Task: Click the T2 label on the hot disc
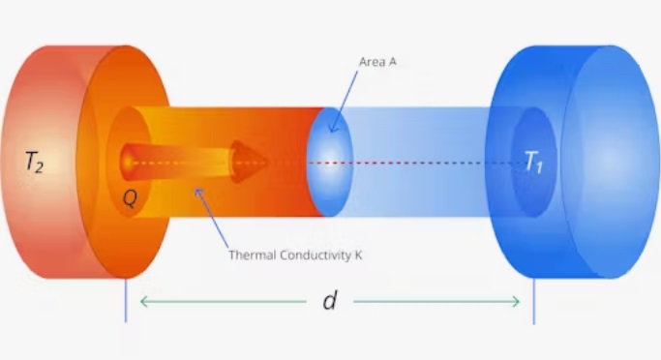(x=34, y=162)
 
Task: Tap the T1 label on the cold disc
(x=533, y=162)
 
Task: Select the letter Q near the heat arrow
(x=130, y=197)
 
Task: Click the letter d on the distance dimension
(x=330, y=300)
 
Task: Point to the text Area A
(x=377, y=62)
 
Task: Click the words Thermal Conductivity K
(x=295, y=255)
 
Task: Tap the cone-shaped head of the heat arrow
(x=248, y=162)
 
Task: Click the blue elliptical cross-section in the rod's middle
(x=330, y=162)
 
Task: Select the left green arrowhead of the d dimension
(x=144, y=301)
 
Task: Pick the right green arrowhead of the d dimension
(x=515, y=301)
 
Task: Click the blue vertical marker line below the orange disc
(x=126, y=300)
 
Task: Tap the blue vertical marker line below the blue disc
(x=533, y=301)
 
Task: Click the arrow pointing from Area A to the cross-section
(x=344, y=102)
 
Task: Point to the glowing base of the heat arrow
(x=127, y=162)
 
